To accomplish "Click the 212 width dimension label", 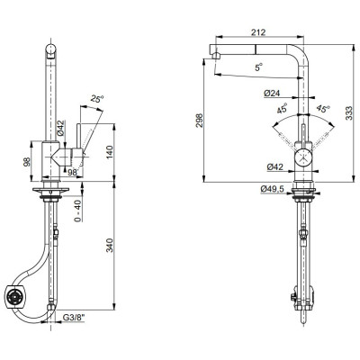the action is (x=258, y=32).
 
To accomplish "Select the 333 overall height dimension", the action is (x=349, y=113).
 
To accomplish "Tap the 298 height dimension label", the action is (x=199, y=120).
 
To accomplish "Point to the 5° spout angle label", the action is (x=258, y=67).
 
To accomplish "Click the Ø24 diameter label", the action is (x=272, y=94).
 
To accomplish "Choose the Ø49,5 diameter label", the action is (x=273, y=189).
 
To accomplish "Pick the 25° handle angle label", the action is (x=97, y=99).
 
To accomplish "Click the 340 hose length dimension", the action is (x=110, y=245).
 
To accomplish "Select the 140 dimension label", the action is (x=110, y=152).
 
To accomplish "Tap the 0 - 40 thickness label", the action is (x=78, y=211).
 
